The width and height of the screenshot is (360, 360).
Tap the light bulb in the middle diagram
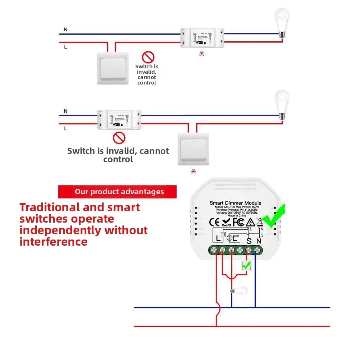(x=282, y=104)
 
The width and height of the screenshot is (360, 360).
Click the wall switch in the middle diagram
(x=193, y=149)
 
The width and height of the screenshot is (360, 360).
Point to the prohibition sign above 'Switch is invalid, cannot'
(x=148, y=57)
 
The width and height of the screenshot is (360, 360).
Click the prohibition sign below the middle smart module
(x=119, y=138)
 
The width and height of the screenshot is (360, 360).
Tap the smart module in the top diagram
(x=202, y=38)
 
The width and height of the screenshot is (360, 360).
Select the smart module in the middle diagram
(x=119, y=120)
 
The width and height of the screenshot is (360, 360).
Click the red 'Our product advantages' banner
(x=118, y=192)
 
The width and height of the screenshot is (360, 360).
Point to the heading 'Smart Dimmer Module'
(x=236, y=203)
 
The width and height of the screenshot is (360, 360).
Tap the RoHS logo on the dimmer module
(x=226, y=223)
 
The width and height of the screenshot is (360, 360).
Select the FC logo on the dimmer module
(x=238, y=222)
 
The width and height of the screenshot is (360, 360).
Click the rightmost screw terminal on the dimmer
(x=257, y=250)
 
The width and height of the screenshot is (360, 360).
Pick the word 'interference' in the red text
(x=54, y=242)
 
